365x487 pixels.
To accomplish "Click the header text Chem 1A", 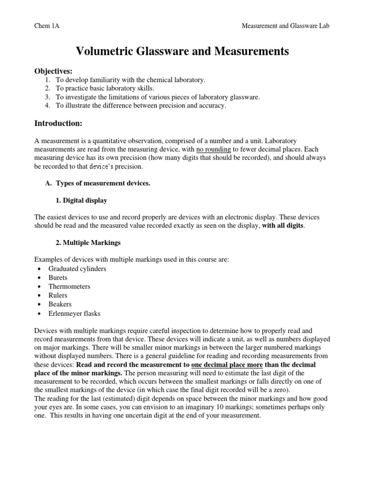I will pyautogui.click(x=47, y=26).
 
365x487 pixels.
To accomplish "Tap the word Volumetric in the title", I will pyautogui.click(x=105, y=51).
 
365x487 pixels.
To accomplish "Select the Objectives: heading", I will pyautogui.click(x=53, y=71).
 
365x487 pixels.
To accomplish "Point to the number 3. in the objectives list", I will pyautogui.click(x=47, y=97).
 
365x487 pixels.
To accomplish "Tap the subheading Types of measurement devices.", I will pyautogui.click(x=103, y=184).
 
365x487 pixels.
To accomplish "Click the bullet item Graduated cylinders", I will pyautogui.click(x=77, y=269).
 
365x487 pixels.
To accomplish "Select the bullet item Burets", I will pyautogui.click(x=58, y=278).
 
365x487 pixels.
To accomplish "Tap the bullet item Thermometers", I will pyautogui.click(x=69, y=287).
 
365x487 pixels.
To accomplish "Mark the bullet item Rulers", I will pyautogui.click(x=58, y=295).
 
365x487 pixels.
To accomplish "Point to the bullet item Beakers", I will pyautogui.click(x=60, y=304).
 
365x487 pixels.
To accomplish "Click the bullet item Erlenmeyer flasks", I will pyautogui.click(x=75, y=313).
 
